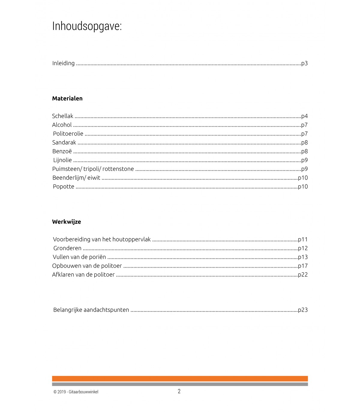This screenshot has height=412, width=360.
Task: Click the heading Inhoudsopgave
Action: pyautogui.click(x=87, y=26)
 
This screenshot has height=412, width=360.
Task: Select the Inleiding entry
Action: pyautogui.click(x=63, y=63)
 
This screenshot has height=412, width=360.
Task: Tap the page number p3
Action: pyautogui.click(x=304, y=63)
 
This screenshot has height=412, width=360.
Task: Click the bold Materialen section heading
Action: pyautogui.click(x=67, y=98)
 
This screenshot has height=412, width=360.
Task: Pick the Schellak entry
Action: pyautogui.click(x=62, y=116)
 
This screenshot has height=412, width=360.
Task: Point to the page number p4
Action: pyautogui.click(x=304, y=116)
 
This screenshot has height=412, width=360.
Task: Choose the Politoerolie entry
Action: pyautogui.click(x=68, y=134)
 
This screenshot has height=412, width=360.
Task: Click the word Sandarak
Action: pyautogui.click(x=64, y=143)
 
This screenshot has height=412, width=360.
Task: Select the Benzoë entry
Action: pyautogui.click(x=62, y=151)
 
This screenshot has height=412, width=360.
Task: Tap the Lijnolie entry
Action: pyautogui.click(x=62, y=160)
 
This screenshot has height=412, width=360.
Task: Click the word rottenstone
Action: pyautogui.click(x=118, y=169)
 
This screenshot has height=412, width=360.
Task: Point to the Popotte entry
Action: pyautogui.click(x=63, y=186)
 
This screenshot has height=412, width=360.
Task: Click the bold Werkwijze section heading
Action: pyautogui.click(x=66, y=222)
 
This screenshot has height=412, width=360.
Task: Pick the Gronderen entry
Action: pyautogui.click(x=67, y=248)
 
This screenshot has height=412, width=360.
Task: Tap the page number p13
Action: pyautogui.click(x=303, y=257)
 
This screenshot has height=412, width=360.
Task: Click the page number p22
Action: pyautogui.click(x=303, y=275)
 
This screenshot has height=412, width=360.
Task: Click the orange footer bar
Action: pyautogui.click(x=180, y=379)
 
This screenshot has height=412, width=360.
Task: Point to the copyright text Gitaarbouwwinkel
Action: pyautogui.click(x=83, y=392)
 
